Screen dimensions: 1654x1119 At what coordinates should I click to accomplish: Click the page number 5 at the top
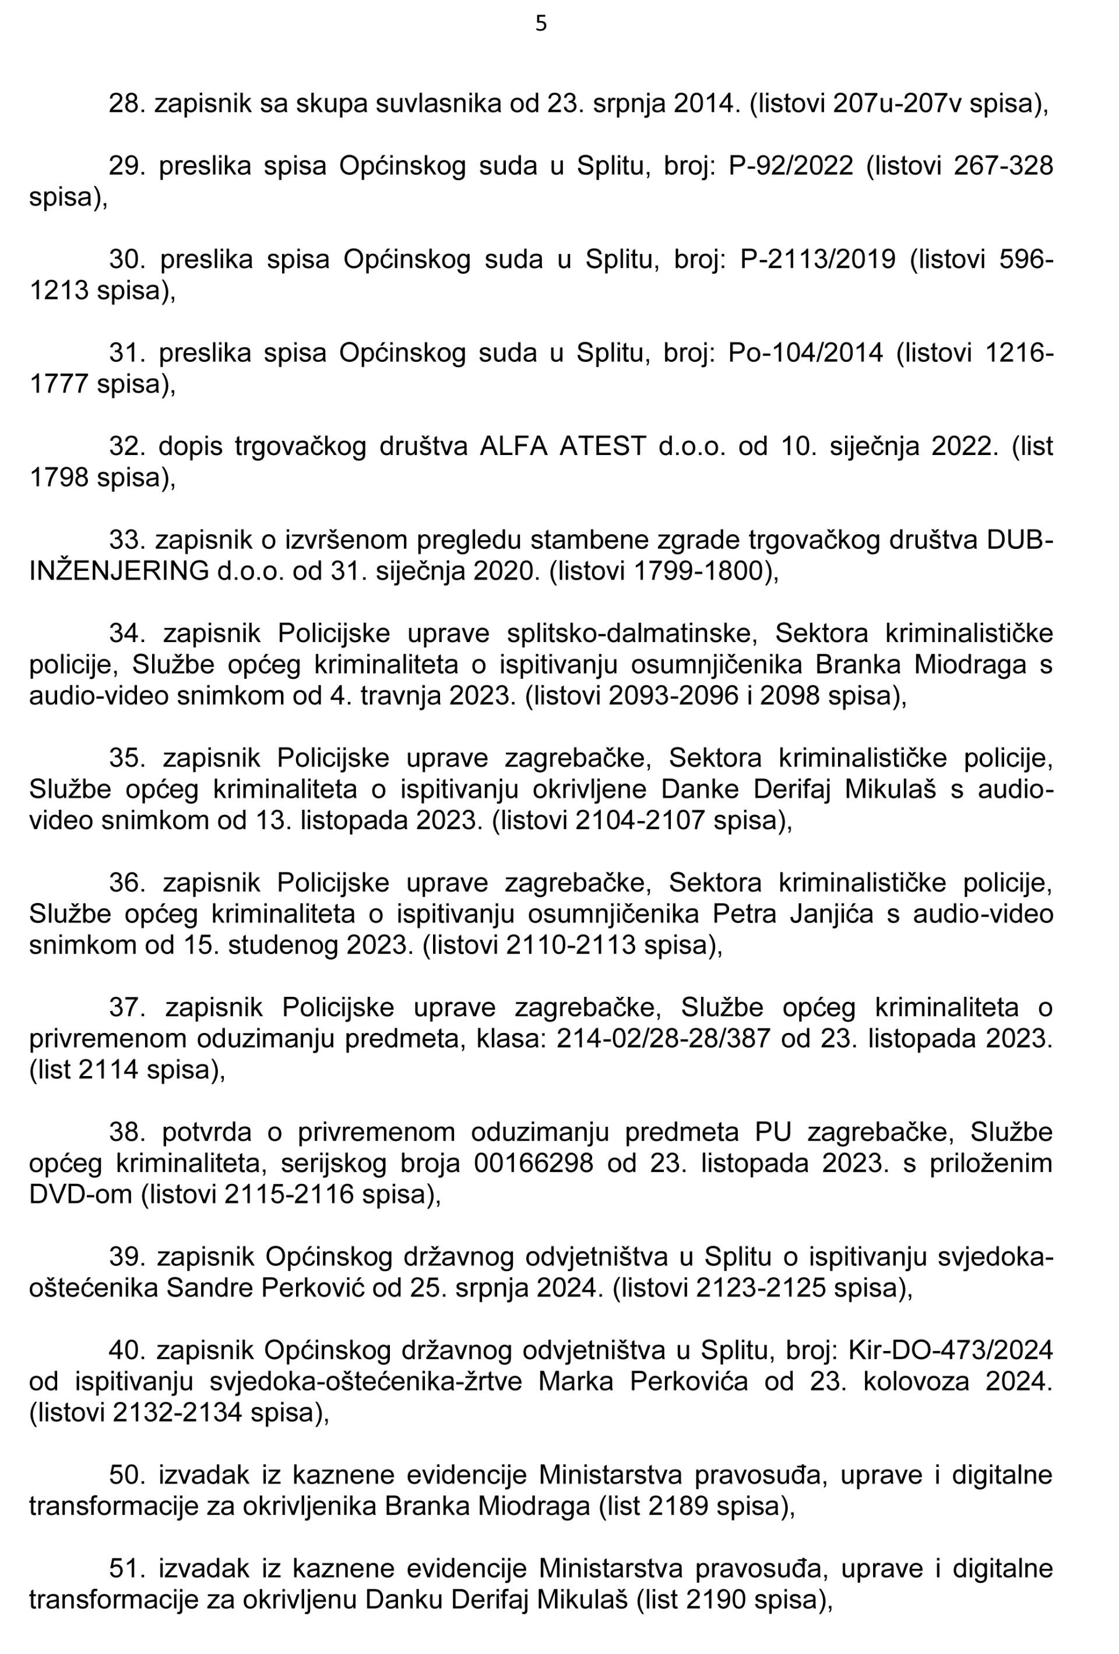[x=541, y=24]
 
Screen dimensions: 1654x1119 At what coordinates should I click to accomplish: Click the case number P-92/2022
[x=791, y=166]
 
